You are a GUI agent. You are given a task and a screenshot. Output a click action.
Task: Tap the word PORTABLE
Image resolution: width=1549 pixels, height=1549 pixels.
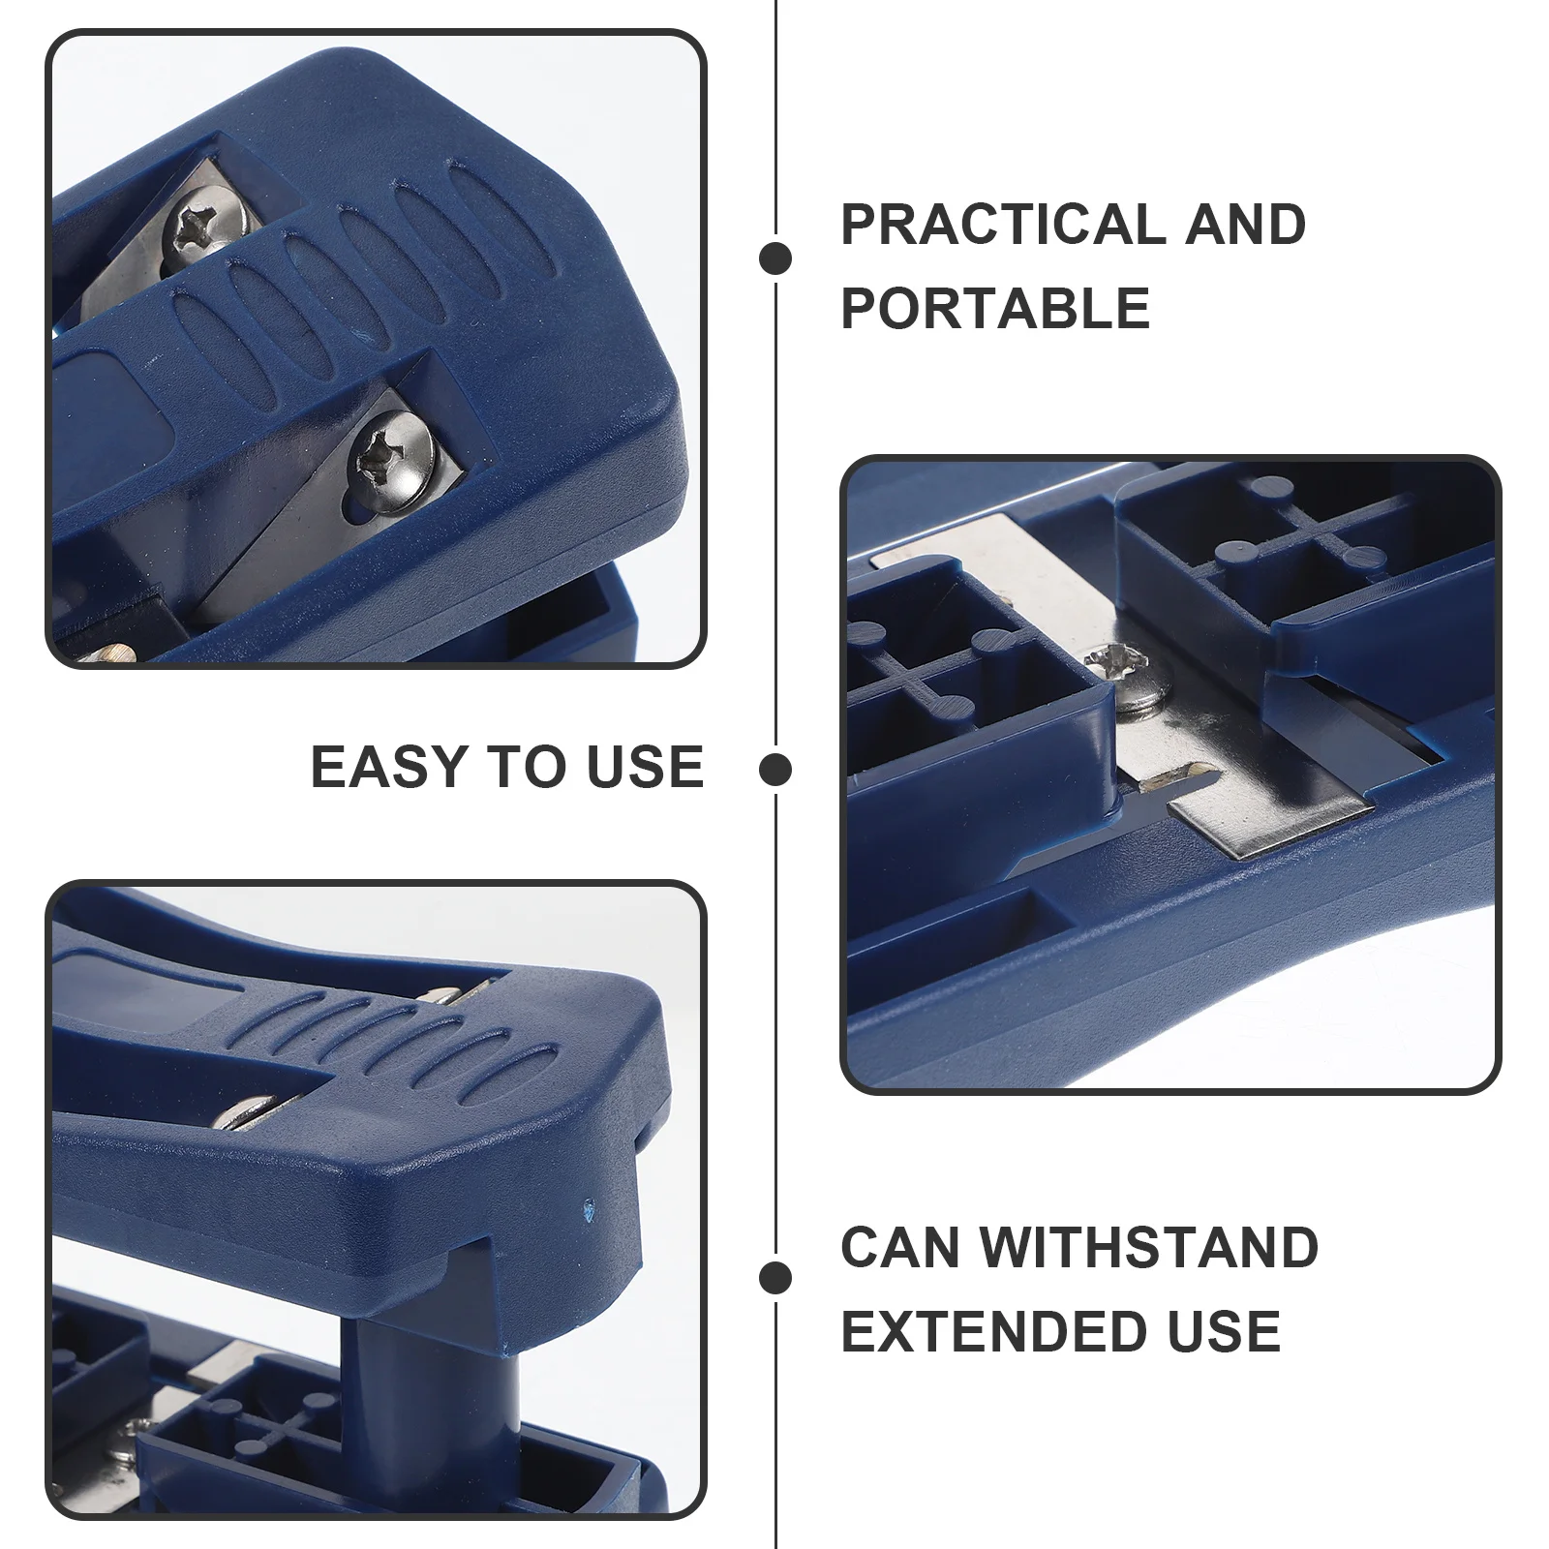click(x=995, y=308)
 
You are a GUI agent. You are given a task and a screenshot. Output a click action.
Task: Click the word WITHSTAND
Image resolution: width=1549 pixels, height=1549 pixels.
click(x=1149, y=1247)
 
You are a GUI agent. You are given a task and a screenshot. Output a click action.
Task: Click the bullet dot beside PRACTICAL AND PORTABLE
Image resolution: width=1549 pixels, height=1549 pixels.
click(x=775, y=258)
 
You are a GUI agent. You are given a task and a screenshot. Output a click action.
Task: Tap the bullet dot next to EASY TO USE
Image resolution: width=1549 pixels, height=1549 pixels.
click(x=775, y=771)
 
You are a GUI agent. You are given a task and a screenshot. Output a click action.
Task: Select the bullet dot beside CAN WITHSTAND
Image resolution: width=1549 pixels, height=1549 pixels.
click(x=775, y=1277)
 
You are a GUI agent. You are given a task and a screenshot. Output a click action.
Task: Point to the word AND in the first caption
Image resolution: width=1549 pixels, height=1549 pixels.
click(x=1245, y=225)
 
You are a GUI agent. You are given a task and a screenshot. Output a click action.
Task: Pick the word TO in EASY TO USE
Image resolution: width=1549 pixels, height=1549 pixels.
click(x=529, y=767)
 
